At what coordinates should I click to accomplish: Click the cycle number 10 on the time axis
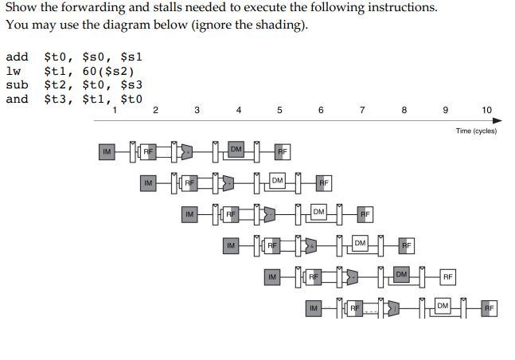[487, 110]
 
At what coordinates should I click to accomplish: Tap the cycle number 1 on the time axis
[115, 110]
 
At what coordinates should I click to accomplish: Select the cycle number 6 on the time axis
[321, 110]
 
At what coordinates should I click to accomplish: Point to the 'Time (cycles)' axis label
[476, 131]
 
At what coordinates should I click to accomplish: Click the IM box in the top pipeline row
[107, 151]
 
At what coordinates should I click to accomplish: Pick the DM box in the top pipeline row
[236, 149]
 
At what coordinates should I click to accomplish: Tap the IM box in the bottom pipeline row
[314, 307]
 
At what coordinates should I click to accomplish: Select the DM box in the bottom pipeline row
[443, 306]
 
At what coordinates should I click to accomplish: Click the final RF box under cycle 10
[490, 307]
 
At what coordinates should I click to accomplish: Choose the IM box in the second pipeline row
[148, 182]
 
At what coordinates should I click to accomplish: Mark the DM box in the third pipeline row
[319, 212]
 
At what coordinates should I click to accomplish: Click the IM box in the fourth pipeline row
[231, 245]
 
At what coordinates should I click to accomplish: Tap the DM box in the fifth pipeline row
[402, 275]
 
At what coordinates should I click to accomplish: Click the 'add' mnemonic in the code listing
[17, 57]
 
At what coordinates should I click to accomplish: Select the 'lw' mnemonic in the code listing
[13, 71]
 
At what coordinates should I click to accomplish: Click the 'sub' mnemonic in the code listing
[17, 85]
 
